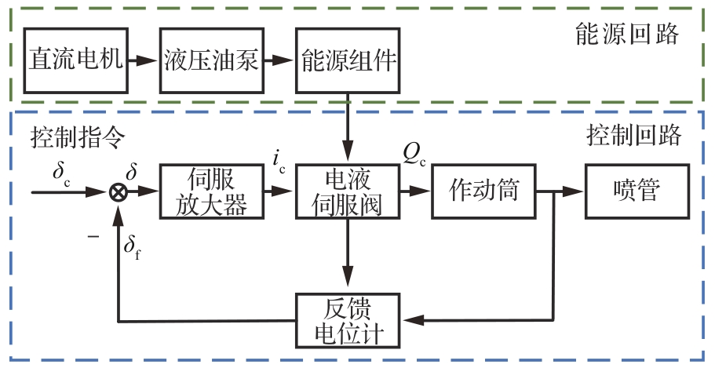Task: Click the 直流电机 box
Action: [76, 60]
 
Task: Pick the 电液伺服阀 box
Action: [348, 191]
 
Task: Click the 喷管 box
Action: [637, 191]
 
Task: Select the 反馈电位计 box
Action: [348, 319]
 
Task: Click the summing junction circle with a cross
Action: [118, 191]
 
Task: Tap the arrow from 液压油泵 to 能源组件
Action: [279, 60]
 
